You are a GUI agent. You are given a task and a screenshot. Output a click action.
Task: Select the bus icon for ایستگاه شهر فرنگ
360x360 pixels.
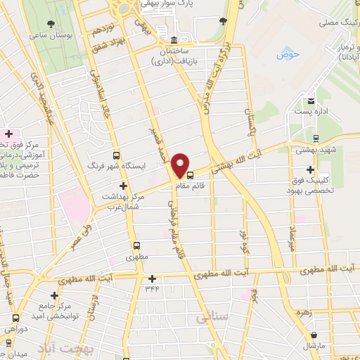[116, 155]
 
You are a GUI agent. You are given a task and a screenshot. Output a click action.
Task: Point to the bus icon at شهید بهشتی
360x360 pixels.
[316, 139]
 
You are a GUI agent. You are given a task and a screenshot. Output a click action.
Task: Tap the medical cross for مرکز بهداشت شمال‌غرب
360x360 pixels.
[124, 186]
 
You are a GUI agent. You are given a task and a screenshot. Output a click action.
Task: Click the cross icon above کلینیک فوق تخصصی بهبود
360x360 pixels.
[310, 169]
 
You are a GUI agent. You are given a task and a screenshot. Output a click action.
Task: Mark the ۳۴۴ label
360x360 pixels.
[152, 288]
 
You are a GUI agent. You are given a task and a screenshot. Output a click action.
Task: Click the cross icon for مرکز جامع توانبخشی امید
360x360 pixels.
[53, 295]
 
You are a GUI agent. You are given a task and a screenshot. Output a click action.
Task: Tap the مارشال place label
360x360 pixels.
[315, 347]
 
